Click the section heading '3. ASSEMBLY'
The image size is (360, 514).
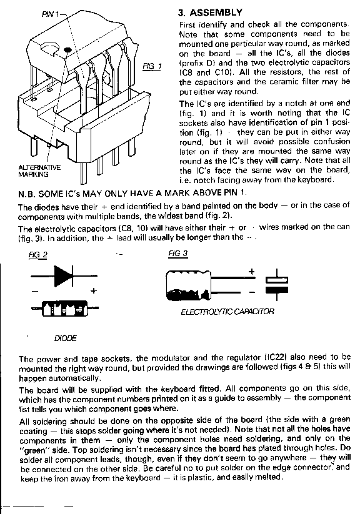click(211, 12)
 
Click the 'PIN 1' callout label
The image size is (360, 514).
click(51, 14)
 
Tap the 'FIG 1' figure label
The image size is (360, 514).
click(152, 67)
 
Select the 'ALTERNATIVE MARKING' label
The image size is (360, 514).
click(39, 171)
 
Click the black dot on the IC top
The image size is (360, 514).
click(67, 50)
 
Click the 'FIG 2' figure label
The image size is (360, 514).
click(37, 255)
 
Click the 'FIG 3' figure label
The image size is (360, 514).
click(178, 254)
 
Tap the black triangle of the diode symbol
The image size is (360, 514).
click(61, 276)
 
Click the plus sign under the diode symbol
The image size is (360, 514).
click(94, 291)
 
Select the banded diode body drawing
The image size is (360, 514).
click(64, 309)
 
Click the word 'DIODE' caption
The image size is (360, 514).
click(65, 339)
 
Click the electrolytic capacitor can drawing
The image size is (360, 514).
click(188, 285)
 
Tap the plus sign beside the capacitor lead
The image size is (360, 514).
click(251, 272)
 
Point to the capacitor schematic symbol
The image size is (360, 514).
click(277, 285)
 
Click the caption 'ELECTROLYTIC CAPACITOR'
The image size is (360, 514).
click(227, 312)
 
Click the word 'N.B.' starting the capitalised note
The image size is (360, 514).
click(27, 194)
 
